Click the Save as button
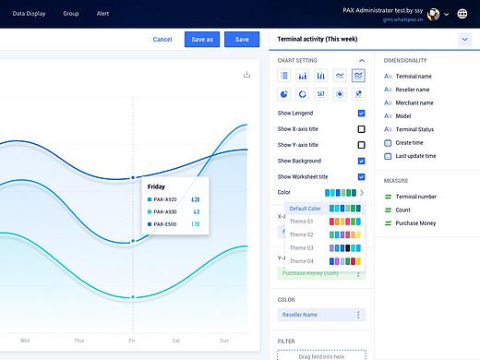coord(201,40)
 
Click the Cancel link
coord(162,40)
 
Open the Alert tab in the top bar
coord(102,14)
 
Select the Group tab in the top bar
coord(71,14)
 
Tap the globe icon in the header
coord(462,14)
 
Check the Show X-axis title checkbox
coord(361,129)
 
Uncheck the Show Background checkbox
coord(361,161)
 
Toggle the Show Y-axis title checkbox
coord(361,145)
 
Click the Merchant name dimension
coord(414,102)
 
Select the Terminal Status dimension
coord(414,130)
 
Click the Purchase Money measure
coord(415,224)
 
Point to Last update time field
coord(415,158)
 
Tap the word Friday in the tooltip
coord(156,186)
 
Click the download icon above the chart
coord(246,75)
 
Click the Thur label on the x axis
coord(78,341)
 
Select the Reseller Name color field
coord(322,315)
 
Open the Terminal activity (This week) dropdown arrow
coord(464,40)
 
